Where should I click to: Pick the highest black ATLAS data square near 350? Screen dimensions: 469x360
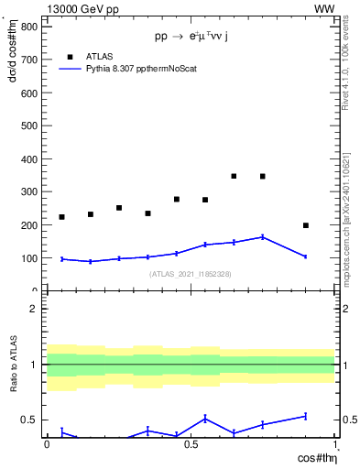click(x=234, y=176)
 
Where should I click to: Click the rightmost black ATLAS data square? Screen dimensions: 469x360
click(x=306, y=225)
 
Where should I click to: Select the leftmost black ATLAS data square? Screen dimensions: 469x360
click(x=61, y=217)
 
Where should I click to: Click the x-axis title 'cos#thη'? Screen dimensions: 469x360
click(x=313, y=457)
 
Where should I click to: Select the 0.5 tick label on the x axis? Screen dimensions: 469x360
click(x=191, y=444)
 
